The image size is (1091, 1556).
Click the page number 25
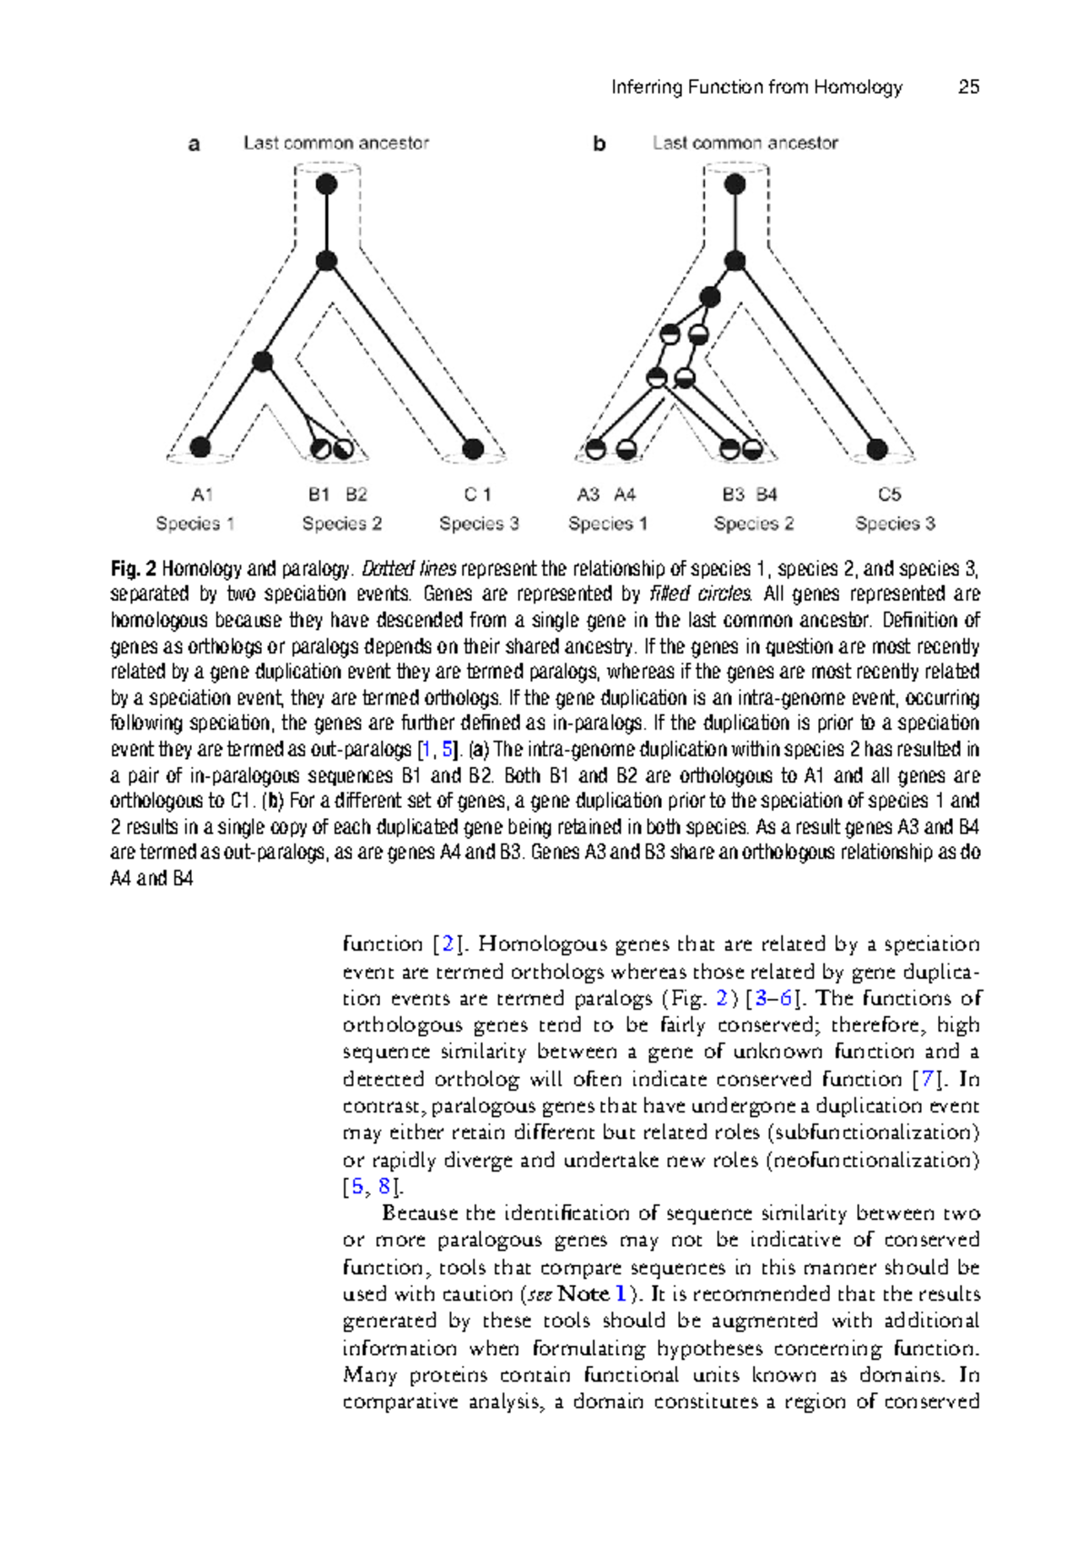pos(968,87)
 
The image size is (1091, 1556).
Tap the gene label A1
pos(202,494)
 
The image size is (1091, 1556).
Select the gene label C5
pos(889,494)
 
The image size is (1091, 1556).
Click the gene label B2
pos(356,494)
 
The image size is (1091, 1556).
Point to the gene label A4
pos(625,494)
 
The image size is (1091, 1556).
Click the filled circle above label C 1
pos(473,448)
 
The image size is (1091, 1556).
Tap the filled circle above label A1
pos(201,446)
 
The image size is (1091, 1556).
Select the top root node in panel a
pos(326,185)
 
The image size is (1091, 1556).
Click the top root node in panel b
pos(736,185)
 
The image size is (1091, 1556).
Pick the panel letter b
pos(599,144)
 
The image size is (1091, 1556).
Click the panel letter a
pos(194,144)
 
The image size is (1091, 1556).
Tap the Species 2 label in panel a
pos(342,524)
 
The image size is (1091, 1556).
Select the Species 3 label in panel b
pos(895,524)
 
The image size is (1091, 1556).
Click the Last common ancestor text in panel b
pos(745,143)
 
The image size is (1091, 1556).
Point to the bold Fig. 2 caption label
pos(134,569)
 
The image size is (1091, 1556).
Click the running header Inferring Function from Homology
pos(756,87)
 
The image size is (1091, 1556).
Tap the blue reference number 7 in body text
pos(926,1079)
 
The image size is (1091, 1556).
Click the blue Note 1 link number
pos(620,1293)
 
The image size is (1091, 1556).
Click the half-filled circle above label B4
pos(752,449)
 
